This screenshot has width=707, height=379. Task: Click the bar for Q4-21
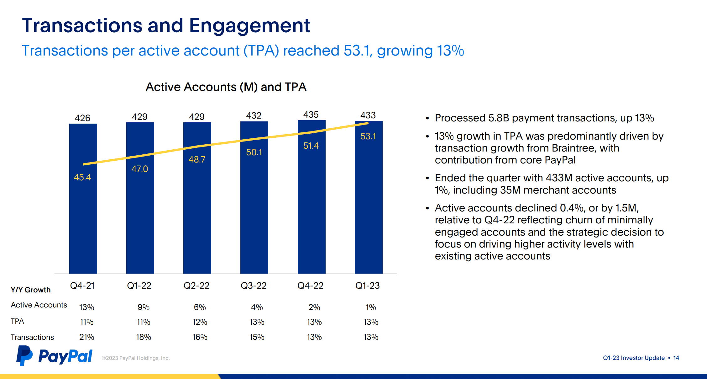(83, 220)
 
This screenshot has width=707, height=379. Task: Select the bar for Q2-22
(197, 220)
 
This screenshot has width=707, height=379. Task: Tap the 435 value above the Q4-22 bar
(311, 115)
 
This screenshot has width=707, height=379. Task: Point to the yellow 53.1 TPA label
(368, 136)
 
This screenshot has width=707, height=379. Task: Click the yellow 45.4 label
(82, 177)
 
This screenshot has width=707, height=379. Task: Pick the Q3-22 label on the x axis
(254, 286)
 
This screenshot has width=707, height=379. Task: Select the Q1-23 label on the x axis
(367, 286)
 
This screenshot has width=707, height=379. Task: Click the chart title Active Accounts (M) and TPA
(226, 87)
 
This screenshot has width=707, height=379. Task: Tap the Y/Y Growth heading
(30, 290)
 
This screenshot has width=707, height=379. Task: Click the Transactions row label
(32, 337)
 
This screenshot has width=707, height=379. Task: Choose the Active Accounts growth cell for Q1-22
(144, 307)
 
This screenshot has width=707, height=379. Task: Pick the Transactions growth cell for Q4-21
(86, 337)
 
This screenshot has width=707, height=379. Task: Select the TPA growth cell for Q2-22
(200, 322)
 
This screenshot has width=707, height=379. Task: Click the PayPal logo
(55, 356)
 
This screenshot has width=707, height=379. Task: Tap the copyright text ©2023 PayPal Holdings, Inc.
(135, 358)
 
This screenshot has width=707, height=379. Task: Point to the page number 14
(676, 358)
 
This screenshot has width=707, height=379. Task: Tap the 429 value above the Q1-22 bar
(139, 117)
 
